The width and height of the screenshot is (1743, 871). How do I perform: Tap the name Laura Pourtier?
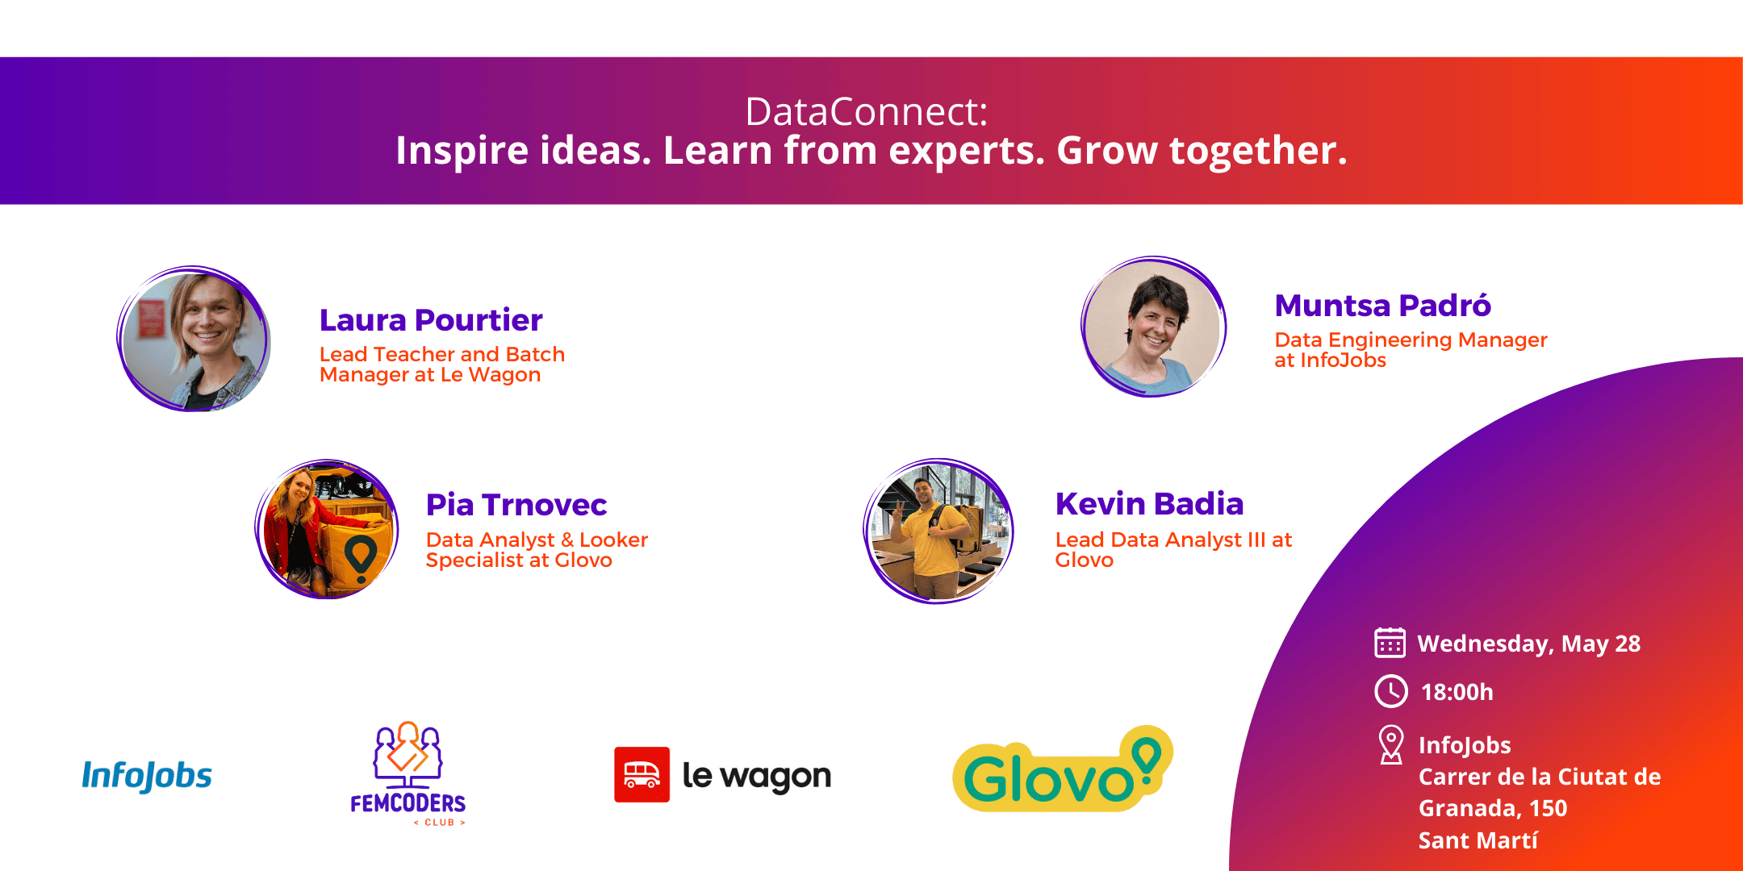coord(431,320)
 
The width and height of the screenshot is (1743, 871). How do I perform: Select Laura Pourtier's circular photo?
coord(194,339)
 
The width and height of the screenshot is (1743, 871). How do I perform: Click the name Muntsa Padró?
coord(1382,306)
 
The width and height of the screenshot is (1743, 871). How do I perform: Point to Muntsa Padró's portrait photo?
coord(1153,327)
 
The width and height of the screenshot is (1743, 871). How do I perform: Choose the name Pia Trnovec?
coord(516,505)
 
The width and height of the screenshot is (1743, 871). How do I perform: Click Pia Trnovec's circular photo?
coord(327,529)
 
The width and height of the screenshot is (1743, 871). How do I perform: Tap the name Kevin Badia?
coord(1149,503)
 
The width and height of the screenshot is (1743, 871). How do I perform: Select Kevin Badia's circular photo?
coord(938,531)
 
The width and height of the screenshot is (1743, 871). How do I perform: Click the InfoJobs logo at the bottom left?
coord(147,776)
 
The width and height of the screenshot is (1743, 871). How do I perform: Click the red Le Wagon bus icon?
coord(642,774)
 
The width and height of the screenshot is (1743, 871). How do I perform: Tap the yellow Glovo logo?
coord(1062,770)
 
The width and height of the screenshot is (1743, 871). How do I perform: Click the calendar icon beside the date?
coord(1390,643)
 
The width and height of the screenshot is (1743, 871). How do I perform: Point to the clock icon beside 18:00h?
coord(1391,691)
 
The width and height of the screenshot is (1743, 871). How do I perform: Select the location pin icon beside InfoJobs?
coord(1390,744)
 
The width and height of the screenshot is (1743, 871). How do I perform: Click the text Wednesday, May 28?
coord(1528,644)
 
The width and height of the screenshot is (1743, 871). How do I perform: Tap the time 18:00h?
coord(1457,692)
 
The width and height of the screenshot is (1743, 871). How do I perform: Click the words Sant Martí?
coord(1478,840)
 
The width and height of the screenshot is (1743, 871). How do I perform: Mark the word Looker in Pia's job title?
coord(614,540)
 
